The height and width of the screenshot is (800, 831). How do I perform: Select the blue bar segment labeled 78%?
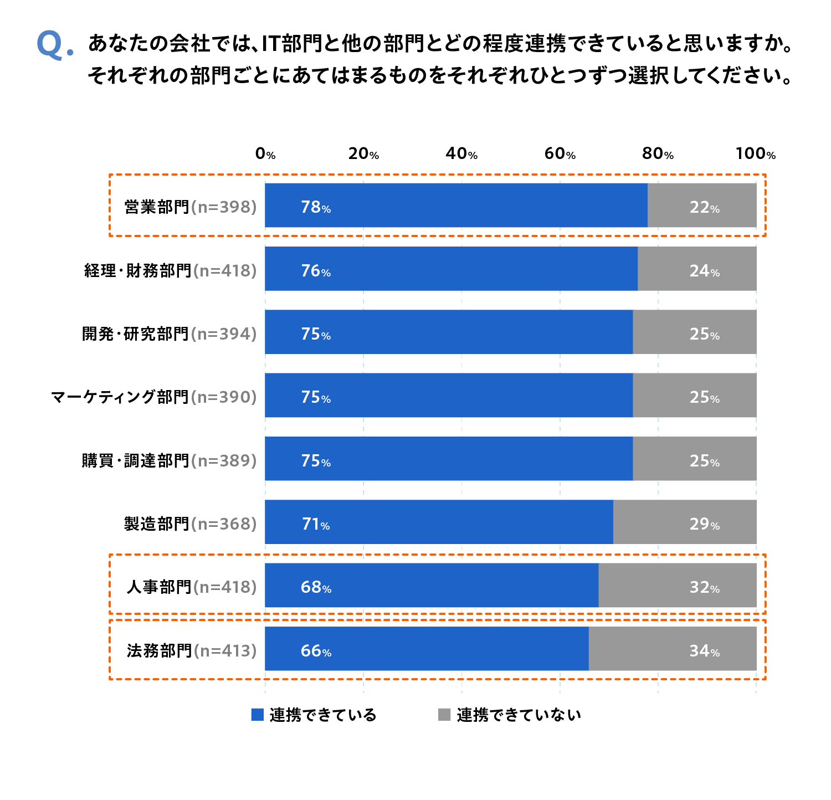point(455,206)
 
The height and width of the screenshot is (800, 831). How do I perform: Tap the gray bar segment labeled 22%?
point(701,206)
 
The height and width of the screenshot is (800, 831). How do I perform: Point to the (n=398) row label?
point(224,207)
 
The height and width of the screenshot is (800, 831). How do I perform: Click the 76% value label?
point(316,271)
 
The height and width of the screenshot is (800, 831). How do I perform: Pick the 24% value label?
point(704,271)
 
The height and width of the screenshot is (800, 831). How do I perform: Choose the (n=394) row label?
point(224,334)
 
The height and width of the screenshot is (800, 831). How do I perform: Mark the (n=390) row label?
point(224,397)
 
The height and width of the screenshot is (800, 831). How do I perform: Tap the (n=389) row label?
point(224,461)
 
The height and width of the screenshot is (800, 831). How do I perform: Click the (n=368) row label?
point(224,524)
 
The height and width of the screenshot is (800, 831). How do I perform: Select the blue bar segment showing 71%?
point(439,522)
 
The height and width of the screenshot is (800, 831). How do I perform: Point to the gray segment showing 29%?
point(684,522)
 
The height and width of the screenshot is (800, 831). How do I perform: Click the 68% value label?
point(316,587)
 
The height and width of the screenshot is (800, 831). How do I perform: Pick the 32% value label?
point(704,587)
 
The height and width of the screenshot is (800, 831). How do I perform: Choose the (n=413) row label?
point(225,651)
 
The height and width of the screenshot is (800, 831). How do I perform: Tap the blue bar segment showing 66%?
point(427,649)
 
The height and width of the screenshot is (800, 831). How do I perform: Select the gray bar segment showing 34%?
point(672,649)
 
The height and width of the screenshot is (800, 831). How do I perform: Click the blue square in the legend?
point(257,715)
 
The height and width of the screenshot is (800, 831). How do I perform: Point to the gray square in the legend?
point(444,715)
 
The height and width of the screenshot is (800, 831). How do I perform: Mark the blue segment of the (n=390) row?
point(449,395)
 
